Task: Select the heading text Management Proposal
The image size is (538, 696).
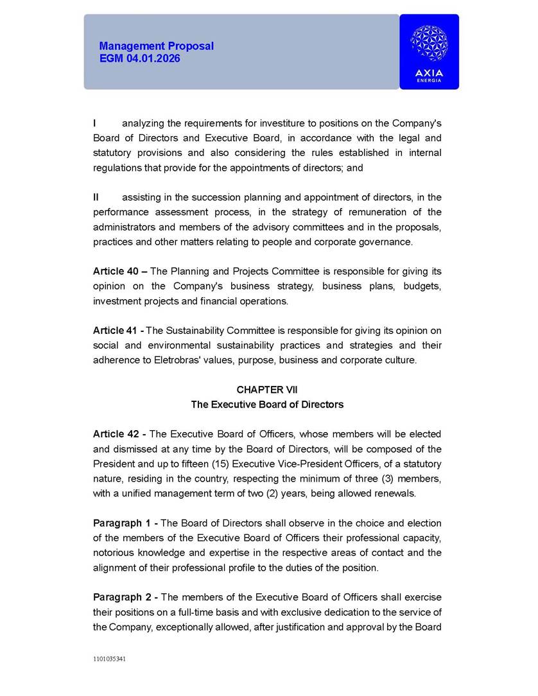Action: [x=157, y=46]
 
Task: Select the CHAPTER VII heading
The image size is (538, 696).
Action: [x=267, y=390]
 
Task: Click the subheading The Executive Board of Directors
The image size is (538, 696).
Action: [x=267, y=405]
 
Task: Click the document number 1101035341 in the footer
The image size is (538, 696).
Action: [x=109, y=659]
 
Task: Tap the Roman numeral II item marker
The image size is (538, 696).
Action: [x=96, y=197]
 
